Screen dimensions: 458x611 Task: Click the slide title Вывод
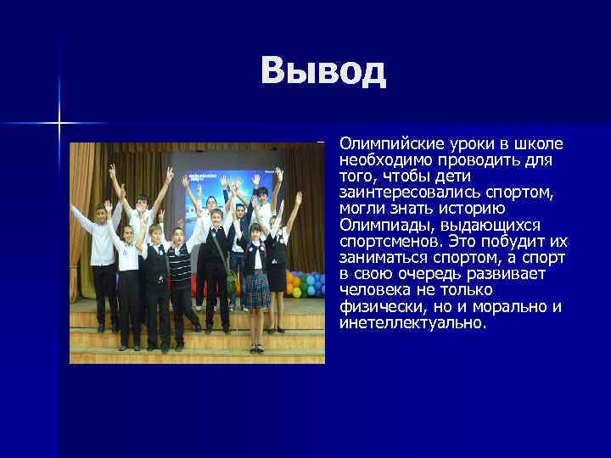pos(323,71)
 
